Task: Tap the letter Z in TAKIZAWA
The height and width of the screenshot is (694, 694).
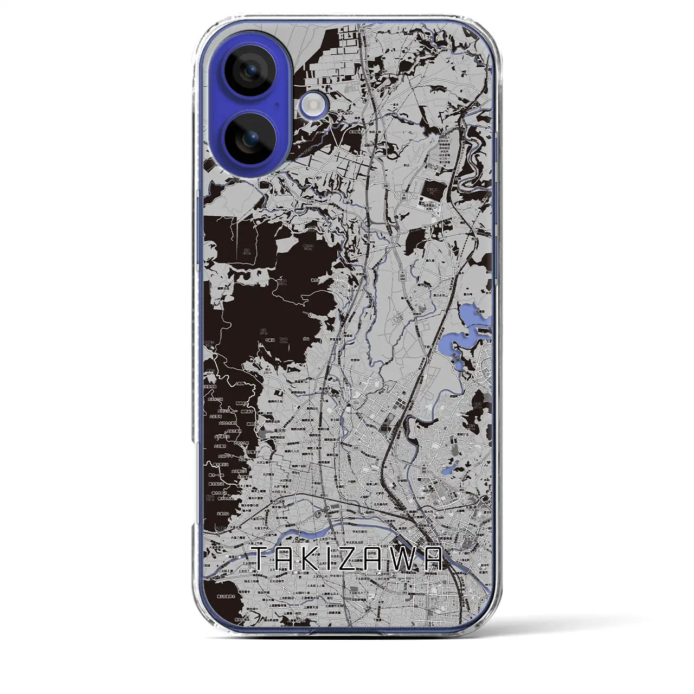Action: point(361,558)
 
